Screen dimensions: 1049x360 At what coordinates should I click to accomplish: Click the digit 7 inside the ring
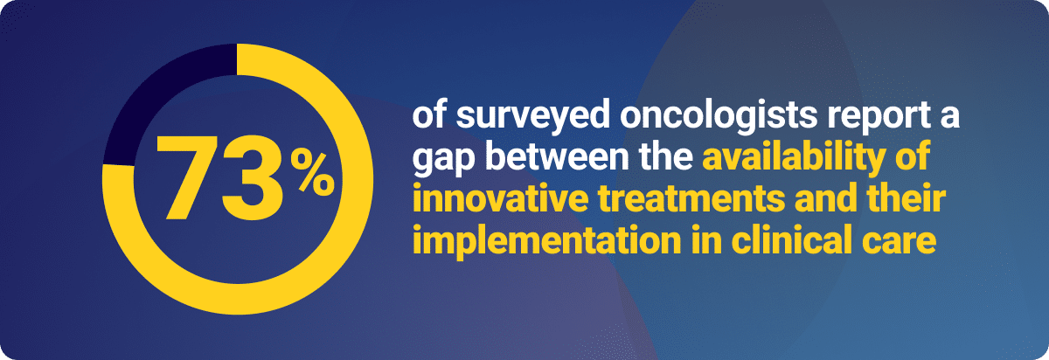pyautogui.click(x=187, y=177)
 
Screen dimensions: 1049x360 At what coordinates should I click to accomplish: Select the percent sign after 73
pyautogui.click(x=312, y=173)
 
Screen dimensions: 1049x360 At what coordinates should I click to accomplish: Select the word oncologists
pyautogui.click(x=719, y=117)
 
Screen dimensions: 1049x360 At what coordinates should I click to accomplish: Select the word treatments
pyautogui.click(x=691, y=199)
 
